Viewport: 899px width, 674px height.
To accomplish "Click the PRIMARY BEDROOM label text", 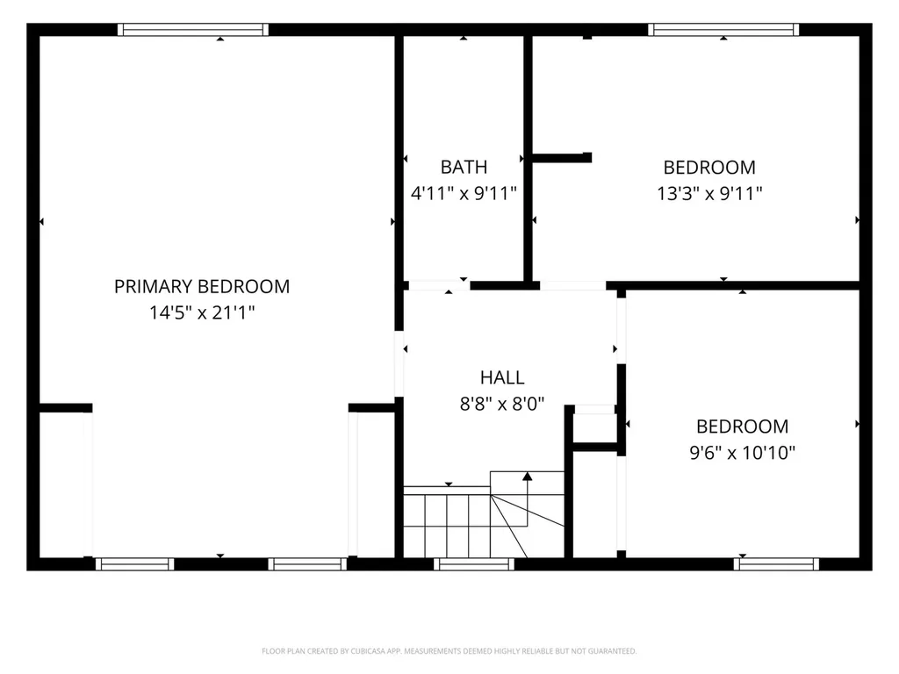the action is pyautogui.click(x=202, y=287).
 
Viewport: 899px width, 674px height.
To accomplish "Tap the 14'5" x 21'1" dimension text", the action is pyautogui.click(x=202, y=313).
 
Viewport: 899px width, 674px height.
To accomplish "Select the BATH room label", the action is pyautogui.click(x=464, y=167).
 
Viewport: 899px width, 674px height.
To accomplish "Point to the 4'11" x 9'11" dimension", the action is pyautogui.click(x=464, y=193).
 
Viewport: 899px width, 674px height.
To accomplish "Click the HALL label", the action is pyautogui.click(x=502, y=377).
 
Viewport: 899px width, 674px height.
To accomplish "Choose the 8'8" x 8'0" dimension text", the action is pyautogui.click(x=502, y=404).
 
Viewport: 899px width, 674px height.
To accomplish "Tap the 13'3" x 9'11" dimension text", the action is pyautogui.click(x=709, y=194).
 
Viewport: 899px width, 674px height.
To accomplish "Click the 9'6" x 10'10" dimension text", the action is pyautogui.click(x=743, y=453).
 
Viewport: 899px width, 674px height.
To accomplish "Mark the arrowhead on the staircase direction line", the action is pyautogui.click(x=528, y=477).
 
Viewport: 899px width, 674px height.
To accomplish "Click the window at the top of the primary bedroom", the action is pyautogui.click(x=193, y=30).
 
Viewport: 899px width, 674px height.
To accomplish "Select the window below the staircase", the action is pyautogui.click(x=474, y=564).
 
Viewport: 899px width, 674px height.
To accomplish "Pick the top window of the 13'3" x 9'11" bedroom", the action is pyautogui.click(x=723, y=30).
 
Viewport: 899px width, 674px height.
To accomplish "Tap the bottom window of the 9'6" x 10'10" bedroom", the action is pyautogui.click(x=777, y=564).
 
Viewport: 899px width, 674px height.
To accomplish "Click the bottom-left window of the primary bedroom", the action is pyautogui.click(x=134, y=564).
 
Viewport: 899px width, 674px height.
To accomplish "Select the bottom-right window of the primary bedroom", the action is pyautogui.click(x=308, y=564).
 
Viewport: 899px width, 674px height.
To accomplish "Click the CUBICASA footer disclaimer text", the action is pyautogui.click(x=449, y=651).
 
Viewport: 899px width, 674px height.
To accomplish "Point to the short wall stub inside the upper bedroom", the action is pyautogui.click(x=562, y=158).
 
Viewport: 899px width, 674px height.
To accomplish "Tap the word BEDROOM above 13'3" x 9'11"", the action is pyautogui.click(x=709, y=168).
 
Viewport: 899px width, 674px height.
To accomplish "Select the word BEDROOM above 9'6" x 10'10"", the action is pyautogui.click(x=743, y=427).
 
